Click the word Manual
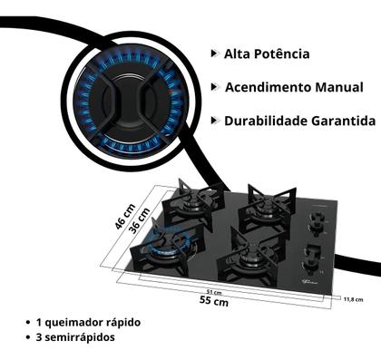point(339,87)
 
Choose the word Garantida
point(344,121)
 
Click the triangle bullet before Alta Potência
point(213,54)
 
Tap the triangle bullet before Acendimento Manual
point(213,87)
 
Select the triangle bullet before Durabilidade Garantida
point(213,121)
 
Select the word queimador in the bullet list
point(77,323)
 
